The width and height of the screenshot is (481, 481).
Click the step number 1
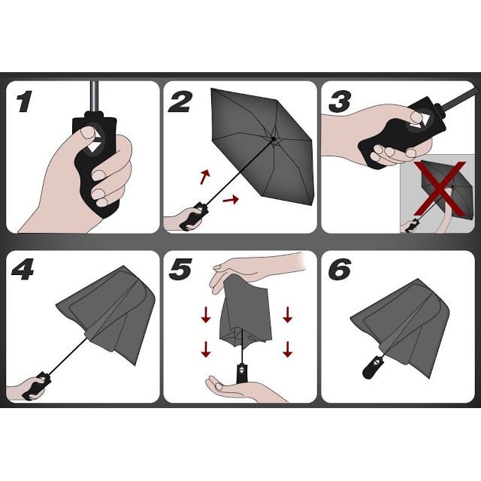tap(24, 101)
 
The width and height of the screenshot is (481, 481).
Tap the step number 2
tap(180, 101)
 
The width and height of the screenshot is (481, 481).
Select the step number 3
tap(340, 101)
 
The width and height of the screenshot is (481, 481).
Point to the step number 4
tap(23, 269)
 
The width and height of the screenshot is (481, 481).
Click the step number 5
tap(180, 269)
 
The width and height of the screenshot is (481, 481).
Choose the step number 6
tap(340, 269)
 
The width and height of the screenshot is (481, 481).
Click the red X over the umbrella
tap(440, 188)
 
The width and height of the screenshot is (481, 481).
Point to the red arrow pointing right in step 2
tap(231, 200)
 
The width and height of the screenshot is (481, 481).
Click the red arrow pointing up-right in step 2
tap(205, 177)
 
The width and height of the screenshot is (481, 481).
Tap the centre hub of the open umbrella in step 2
tap(274, 138)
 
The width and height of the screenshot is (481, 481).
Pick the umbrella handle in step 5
tap(242, 373)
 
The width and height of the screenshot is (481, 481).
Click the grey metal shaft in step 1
tap(95, 96)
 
